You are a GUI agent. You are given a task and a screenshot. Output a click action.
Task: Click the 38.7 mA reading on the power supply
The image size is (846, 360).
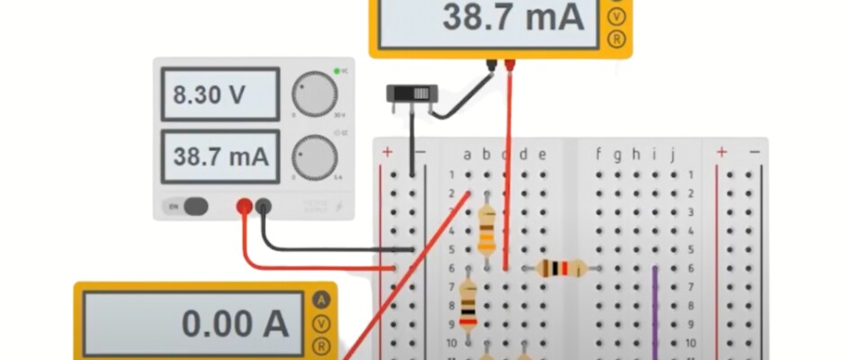(220, 156)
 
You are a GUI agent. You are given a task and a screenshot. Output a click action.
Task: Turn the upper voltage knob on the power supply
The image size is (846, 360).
(314, 94)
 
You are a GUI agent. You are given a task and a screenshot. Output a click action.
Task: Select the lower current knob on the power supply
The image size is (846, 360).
(314, 156)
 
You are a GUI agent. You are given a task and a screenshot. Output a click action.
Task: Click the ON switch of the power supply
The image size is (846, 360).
(190, 207)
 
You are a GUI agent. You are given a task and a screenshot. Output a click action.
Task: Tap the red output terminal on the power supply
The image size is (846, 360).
(244, 207)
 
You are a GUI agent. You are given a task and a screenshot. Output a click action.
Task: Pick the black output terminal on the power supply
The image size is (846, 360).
(264, 207)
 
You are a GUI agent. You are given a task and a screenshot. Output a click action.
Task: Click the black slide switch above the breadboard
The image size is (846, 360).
(412, 93)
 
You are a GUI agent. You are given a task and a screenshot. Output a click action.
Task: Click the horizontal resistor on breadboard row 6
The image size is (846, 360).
(561, 267)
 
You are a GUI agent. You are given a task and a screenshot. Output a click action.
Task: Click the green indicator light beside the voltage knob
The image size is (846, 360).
(336, 70)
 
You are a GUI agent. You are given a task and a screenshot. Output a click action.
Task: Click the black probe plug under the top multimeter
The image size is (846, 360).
(491, 65)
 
